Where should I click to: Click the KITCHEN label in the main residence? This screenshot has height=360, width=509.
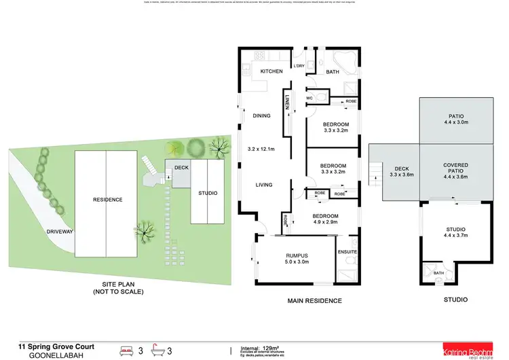(262, 70)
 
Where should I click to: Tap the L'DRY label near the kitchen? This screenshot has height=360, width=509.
(299, 65)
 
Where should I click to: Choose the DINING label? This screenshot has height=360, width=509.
(261, 115)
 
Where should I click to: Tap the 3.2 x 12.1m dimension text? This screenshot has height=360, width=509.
(259, 148)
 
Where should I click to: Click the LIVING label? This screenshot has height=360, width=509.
(264, 184)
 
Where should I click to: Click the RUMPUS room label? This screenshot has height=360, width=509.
(297, 255)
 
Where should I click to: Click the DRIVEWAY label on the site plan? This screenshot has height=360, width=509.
(60, 232)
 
